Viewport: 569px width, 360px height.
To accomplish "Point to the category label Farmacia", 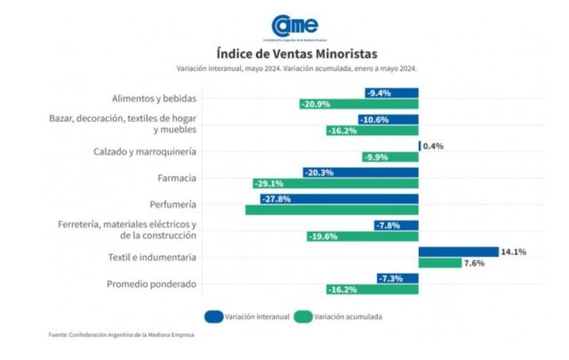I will pyautogui.click(x=177, y=178).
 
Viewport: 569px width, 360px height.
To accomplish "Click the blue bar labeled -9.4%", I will pyautogui.click(x=391, y=92).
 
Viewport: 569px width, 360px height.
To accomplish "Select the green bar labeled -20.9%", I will pyautogui.click(x=358, y=104).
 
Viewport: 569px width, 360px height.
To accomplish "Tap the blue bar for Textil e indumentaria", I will pyautogui.click(x=458, y=252).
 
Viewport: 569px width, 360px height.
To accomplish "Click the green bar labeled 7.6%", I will pyautogui.click(x=440, y=264).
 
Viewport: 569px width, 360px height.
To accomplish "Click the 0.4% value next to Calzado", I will pyautogui.click(x=433, y=146).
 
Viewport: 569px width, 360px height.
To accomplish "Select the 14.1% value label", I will pyautogui.click(x=514, y=252).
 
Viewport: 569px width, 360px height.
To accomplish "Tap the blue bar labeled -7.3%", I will pyautogui.click(x=397, y=279).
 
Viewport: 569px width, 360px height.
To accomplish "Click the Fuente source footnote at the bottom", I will pyautogui.click(x=121, y=335).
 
